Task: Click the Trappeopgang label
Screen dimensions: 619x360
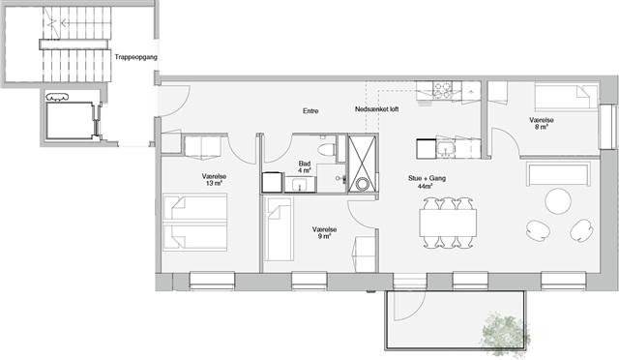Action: coord(135,57)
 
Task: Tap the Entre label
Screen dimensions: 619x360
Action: coord(310,111)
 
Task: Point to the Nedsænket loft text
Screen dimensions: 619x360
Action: coord(376,109)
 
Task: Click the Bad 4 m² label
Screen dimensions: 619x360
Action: coord(305,166)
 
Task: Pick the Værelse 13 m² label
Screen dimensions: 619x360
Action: coord(214,180)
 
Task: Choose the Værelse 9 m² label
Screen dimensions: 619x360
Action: coord(324,233)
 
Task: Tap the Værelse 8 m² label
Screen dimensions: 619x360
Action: coord(542,123)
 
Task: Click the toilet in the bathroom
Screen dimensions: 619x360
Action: coord(327,150)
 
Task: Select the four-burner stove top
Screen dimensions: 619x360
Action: coord(443,90)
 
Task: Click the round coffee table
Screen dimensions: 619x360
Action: coord(558,200)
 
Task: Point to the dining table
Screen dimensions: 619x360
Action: coord(448,223)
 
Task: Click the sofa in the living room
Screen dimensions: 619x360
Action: coord(559,174)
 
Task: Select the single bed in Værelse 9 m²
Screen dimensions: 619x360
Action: coord(280,228)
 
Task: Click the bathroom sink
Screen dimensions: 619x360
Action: coord(300,184)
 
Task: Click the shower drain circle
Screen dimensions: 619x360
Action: coord(362,184)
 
